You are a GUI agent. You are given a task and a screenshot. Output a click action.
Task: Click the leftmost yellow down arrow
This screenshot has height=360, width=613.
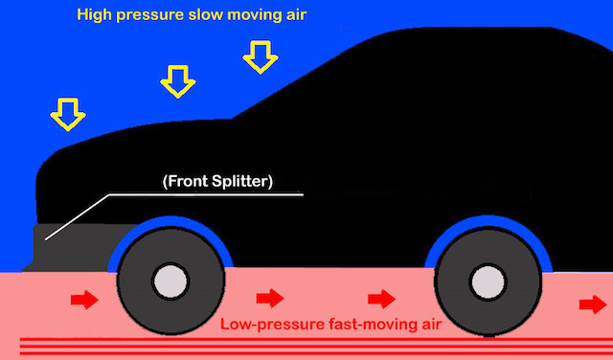coord(66,115)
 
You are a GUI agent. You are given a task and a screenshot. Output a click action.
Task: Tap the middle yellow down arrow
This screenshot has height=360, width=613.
coord(176,80)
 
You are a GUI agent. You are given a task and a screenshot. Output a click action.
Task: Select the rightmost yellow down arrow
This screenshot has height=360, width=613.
coord(259,56)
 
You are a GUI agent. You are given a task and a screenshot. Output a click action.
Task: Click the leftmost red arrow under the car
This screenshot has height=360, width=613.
coord(84,302)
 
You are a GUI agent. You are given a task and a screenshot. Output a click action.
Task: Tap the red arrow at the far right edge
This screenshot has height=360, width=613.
coord(593,304)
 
